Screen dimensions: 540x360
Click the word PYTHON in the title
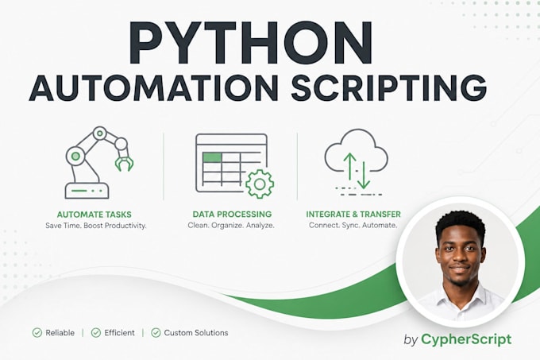tap(250, 43)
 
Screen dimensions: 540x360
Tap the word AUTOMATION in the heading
tap(153, 88)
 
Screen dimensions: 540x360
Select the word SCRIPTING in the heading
tap(389, 88)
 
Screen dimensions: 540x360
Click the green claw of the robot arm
tap(124, 164)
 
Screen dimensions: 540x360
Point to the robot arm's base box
tap(87, 191)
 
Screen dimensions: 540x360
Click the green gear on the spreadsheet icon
tap(260, 184)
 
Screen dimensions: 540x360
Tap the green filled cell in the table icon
tap(212, 157)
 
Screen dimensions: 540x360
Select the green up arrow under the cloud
tap(350, 166)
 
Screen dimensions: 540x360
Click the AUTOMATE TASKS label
tap(94, 215)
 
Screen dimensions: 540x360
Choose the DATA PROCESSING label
tap(232, 215)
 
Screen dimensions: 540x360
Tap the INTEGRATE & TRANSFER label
tap(353, 215)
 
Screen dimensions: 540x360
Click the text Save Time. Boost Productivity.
tap(96, 226)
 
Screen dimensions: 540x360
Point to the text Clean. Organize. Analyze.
tap(231, 226)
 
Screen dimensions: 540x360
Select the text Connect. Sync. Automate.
tap(353, 226)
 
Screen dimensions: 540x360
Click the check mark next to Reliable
tap(37, 332)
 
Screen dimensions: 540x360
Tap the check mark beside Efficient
tap(96, 332)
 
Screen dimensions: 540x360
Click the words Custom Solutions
tap(196, 333)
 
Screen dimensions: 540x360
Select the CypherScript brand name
tap(466, 339)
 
